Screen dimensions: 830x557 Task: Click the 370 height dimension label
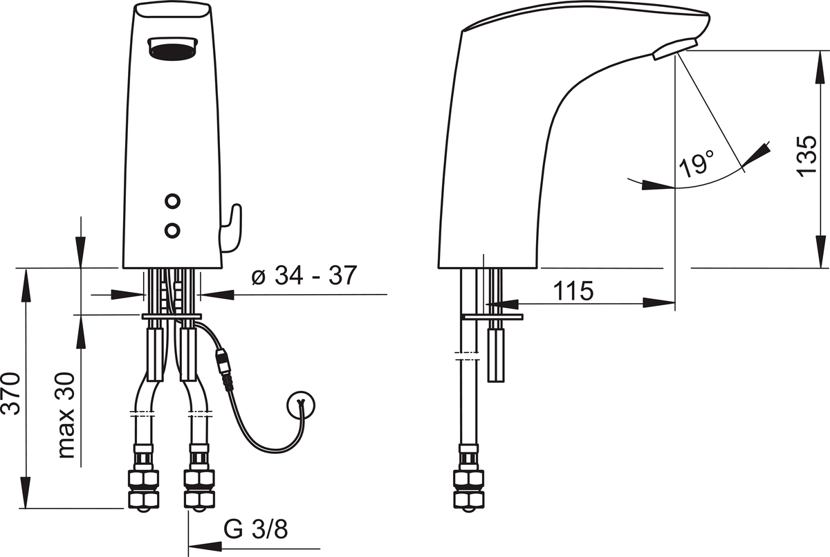coord(12,394)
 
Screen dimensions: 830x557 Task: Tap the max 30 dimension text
coord(66,415)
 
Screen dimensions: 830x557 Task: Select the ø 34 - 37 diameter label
coord(304,275)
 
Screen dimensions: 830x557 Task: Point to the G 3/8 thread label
coord(256,529)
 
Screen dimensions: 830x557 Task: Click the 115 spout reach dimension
coord(573,291)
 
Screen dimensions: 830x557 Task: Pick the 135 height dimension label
coord(806,156)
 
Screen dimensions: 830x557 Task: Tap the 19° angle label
coord(697,163)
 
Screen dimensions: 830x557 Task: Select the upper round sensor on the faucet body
coord(172,201)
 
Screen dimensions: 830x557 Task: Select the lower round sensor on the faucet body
coord(172,230)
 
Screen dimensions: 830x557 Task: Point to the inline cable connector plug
coord(224,369)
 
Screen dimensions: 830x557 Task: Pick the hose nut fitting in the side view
coord(469,489)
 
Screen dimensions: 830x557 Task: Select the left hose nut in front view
coord(143,489)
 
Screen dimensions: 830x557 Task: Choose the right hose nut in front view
coord(199,489)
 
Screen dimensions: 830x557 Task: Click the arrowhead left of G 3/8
coord(205,547)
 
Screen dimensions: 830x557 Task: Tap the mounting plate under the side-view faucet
coord(492,316)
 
